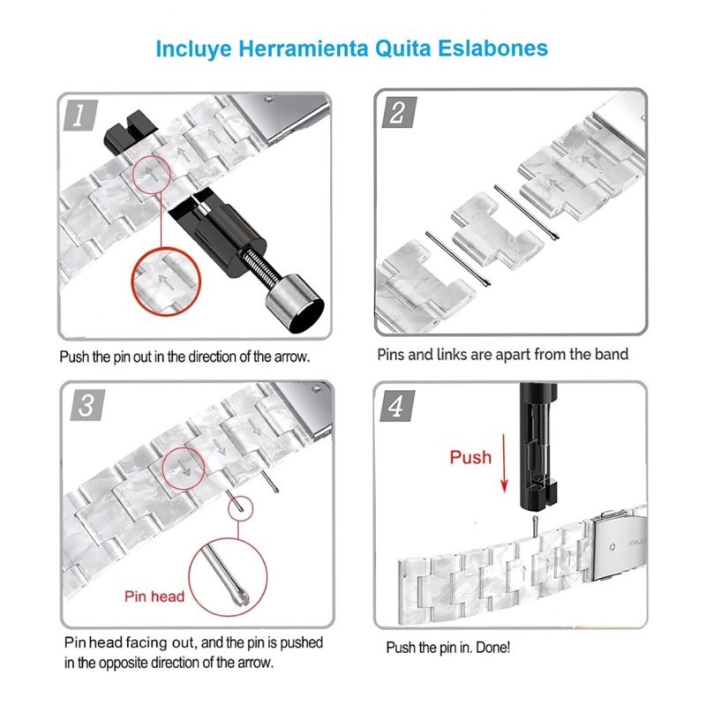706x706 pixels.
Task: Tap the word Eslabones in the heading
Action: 493,49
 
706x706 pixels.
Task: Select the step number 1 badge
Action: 80,116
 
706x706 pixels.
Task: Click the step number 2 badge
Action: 399,112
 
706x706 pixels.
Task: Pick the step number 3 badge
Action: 87,405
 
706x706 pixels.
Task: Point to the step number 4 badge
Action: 397,406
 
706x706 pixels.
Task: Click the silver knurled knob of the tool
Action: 295,304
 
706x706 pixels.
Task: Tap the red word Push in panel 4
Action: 470,457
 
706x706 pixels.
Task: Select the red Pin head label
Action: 154,597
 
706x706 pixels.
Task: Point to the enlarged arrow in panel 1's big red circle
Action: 165,282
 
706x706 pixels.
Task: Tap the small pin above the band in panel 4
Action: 535,526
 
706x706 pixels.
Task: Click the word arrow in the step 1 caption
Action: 292,357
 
